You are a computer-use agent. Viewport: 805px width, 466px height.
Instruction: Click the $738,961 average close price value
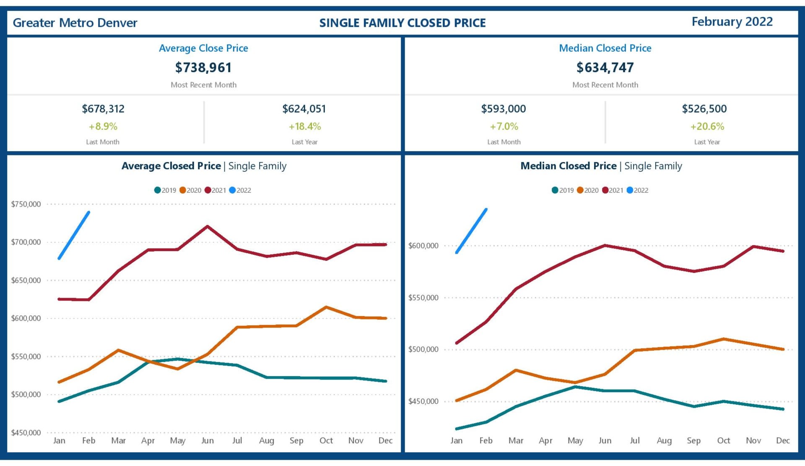tap(203, 68)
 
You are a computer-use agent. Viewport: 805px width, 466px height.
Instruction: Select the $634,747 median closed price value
tap(605, 68)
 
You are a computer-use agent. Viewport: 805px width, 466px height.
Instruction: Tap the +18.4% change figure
tap(305, 126)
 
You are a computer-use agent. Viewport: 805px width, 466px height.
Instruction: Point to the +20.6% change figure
tap(707, 126)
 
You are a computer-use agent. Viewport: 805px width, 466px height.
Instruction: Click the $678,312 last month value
tap(103, 109)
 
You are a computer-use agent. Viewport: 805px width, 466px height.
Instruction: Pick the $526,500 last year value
tap(704, 109)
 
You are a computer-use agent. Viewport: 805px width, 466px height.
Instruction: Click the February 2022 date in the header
tap(732, 22)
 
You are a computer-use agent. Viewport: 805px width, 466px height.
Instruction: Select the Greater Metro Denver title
tap(75, 23)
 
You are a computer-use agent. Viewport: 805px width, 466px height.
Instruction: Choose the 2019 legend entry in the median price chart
tap(563, 190)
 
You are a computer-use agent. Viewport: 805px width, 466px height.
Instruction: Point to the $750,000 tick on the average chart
tap(26, 204)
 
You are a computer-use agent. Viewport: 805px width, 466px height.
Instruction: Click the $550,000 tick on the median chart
tap(423, 298)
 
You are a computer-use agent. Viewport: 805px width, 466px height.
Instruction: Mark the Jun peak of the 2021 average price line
tap(208, 227)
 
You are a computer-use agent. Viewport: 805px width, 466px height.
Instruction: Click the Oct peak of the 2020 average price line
tap(326, 307)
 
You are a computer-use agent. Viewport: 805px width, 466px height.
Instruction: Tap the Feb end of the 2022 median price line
tap(486, 209)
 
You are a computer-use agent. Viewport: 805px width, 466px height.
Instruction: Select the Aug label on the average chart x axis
tap(267, 440)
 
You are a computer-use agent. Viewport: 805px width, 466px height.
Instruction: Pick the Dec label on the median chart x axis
tap(783, 440)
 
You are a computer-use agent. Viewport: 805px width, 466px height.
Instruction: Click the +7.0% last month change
tap(504, 126)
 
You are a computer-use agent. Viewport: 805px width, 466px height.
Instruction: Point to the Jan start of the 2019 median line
tap(457, 429)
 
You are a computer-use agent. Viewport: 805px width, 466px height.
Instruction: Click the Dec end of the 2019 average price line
tap(385, 381)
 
